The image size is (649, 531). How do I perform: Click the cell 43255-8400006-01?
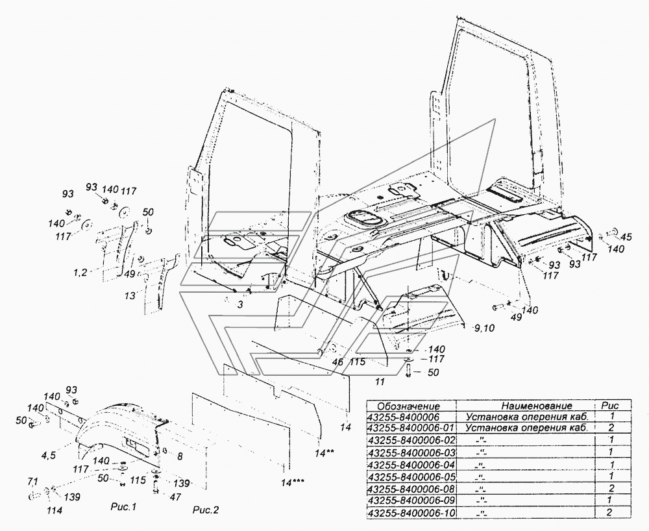click(411, 428)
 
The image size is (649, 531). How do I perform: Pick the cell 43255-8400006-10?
click(411, 513)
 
